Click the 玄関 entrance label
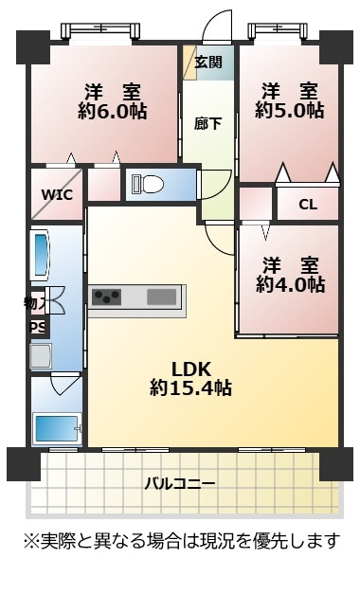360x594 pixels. coord(208,62)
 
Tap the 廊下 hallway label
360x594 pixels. coord(207,123)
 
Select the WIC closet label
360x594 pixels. coord(57,195)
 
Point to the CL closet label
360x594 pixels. coord(308,205)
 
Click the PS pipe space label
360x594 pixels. coord(38,327)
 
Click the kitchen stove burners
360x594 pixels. coord(107,297)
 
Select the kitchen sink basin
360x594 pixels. coord(162,297)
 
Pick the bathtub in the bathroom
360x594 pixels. coord(57,428)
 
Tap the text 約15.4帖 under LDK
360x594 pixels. coord(190,387)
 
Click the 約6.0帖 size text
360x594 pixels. coord(113,112)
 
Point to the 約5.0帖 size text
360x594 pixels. coord(290,111)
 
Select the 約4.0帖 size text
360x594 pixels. coord(290,284)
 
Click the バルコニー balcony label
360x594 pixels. coord(180,484)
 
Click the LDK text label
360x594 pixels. coord(191,369)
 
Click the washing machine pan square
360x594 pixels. coord(41,355)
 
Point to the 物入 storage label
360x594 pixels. coord(35,303)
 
